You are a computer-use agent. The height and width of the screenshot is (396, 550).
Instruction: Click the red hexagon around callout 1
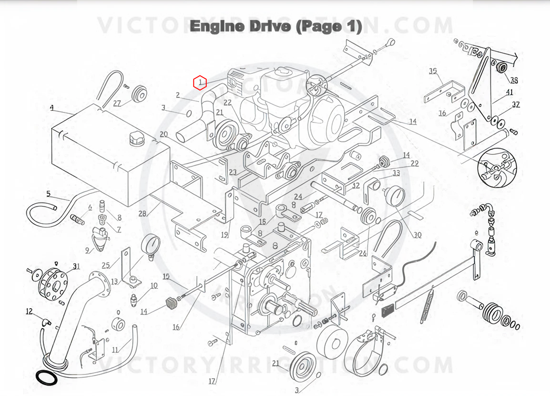(x=200, y=83)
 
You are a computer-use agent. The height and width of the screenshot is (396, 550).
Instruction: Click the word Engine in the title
(x=217, y=27)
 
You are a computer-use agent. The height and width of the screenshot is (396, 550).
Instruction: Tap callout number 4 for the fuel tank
(x=52, y=108)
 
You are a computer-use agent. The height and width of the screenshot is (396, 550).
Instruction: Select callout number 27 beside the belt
(x=117, y=103)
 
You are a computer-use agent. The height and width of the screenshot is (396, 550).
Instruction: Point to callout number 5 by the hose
(x=49, y=194)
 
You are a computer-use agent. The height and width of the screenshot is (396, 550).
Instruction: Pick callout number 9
(x=87, y=250)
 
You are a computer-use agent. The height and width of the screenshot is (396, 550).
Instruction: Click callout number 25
(x=106, y=265)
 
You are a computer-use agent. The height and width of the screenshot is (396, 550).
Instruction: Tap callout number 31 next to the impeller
(x=76, y=266)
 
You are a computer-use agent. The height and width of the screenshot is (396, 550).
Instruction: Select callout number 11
(x=115, y=350)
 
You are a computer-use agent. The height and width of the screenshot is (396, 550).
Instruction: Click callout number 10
(x=154, y=286)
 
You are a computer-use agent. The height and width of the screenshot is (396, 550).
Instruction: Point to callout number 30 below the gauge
(x=417, y=235)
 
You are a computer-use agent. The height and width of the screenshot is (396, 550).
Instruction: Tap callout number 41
(x=509, y=92)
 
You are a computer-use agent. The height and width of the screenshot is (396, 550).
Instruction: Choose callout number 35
(x=433, y=71)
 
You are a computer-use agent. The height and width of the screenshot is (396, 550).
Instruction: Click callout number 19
(x=225, y=235)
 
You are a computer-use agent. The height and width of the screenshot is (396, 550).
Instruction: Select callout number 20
(x=164, y=134)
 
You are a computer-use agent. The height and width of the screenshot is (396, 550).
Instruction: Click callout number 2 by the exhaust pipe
(x=178, y=95)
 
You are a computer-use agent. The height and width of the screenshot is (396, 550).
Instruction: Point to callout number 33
(x=396, y=173)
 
